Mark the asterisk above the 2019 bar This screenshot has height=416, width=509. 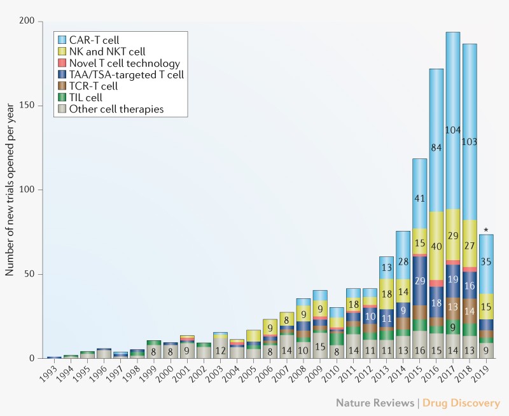coord(485,231)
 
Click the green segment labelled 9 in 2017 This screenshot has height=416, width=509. coord(452,328)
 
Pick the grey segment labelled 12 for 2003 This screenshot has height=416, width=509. coord(221,350)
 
